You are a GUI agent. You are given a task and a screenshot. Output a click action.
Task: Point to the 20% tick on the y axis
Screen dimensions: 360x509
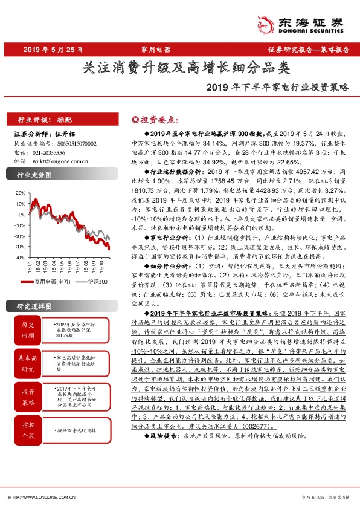pos(18,193)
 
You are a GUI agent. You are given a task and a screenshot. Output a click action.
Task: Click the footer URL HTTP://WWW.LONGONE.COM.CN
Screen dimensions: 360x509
pos(40,498)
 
